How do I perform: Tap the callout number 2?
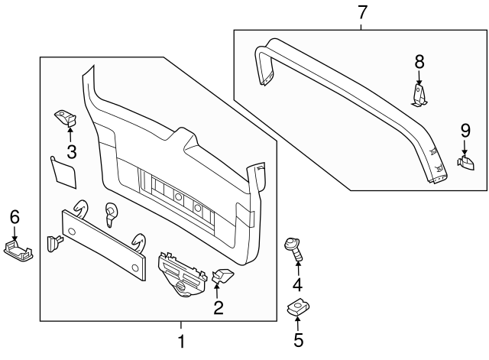(x=218, y=308)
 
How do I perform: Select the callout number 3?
(x=71, y=151)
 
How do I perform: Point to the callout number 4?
(x=297, y=285)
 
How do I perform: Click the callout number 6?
(x=14, y=217)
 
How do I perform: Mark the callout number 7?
(x=362, y=12)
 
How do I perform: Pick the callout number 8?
(x=419, y=61)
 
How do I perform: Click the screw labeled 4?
(x=294, y=248)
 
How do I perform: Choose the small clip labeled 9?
(x=466, y=162)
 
